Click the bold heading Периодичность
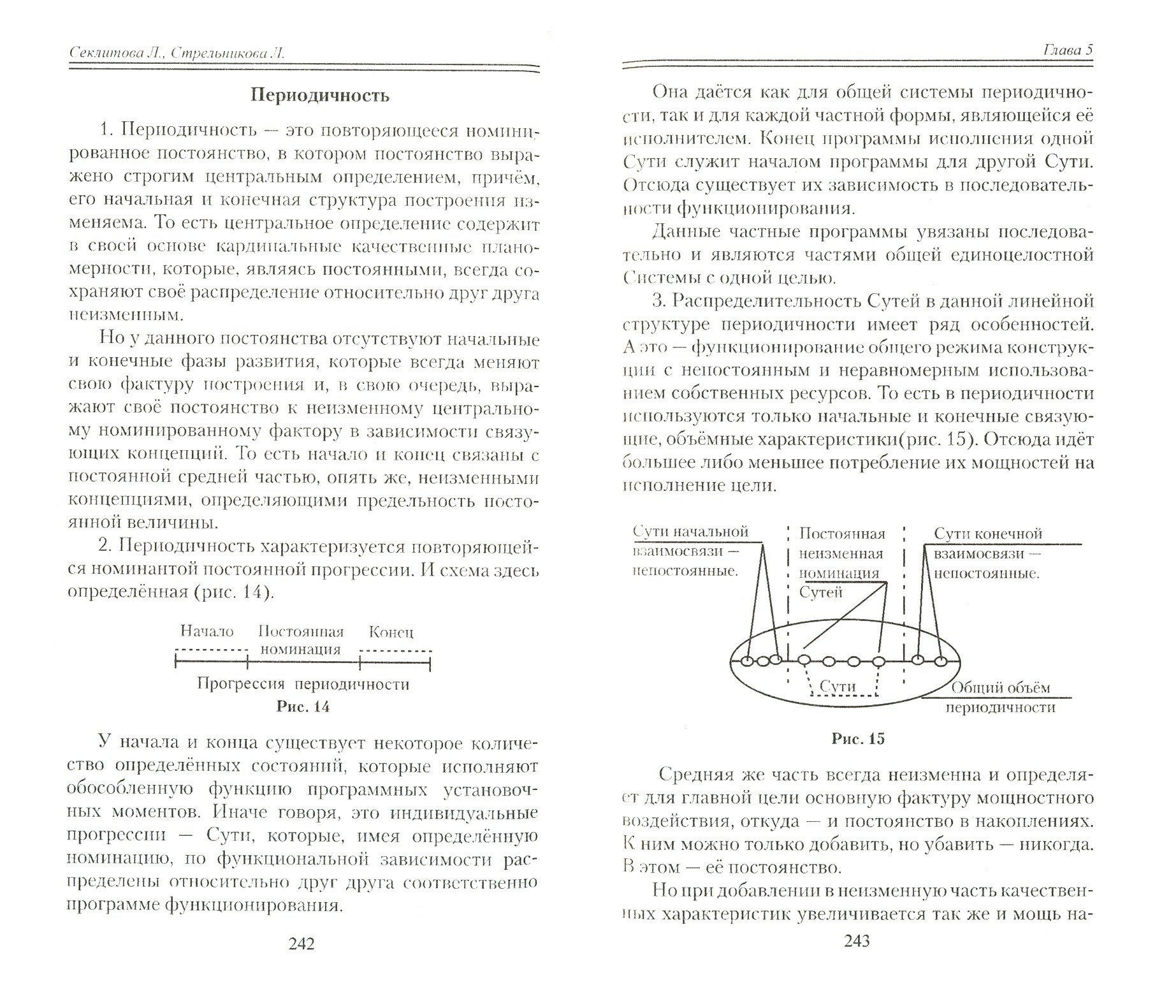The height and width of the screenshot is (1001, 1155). tap(319, 96)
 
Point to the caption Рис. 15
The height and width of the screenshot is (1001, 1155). tap(858, 739)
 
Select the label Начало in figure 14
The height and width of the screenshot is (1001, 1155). tap(207, 631)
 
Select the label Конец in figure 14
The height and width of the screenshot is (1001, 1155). tap(391, 632)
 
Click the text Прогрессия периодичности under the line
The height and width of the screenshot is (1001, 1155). tap(303, 684)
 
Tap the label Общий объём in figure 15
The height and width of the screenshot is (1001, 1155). tap(1000, 688)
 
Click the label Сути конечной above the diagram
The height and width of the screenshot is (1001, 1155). tap(987, 533)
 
